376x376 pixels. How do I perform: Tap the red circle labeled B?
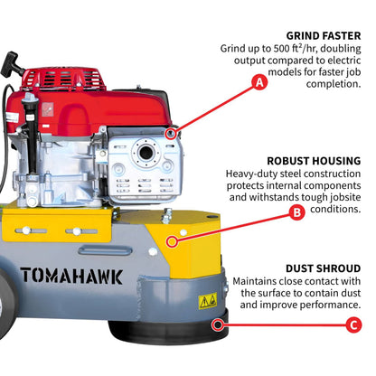(296, 213)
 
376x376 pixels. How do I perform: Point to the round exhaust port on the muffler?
(140, 152)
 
